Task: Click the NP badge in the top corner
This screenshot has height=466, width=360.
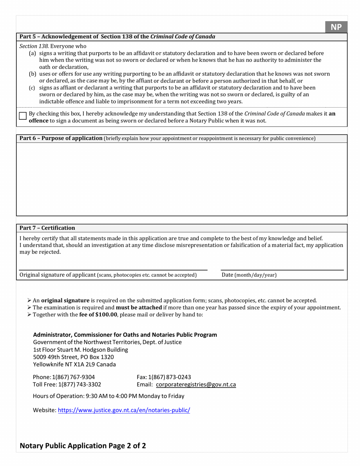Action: tap(336, 27)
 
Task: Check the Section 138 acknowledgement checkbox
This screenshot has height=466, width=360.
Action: tap(23, 116)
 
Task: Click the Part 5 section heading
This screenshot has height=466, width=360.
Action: tap(117, 37)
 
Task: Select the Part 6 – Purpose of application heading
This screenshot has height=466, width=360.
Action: tap(61, 138)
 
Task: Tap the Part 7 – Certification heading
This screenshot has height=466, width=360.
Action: tap(47, 228)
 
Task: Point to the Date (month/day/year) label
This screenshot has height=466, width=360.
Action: tap(249, 275)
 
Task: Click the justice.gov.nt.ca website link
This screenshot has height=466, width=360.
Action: tap(124, 410)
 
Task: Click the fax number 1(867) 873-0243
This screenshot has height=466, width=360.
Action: tap(169, 377)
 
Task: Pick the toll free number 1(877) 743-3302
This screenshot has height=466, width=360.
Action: tap(79, 385)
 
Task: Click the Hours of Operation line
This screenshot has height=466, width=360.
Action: tap(109, 396)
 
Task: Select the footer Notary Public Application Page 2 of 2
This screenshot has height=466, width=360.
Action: tap(83, 446)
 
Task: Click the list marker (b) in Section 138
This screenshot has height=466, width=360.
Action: tap(33, 74)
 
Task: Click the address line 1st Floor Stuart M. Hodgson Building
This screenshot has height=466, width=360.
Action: tap(80, 350)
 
